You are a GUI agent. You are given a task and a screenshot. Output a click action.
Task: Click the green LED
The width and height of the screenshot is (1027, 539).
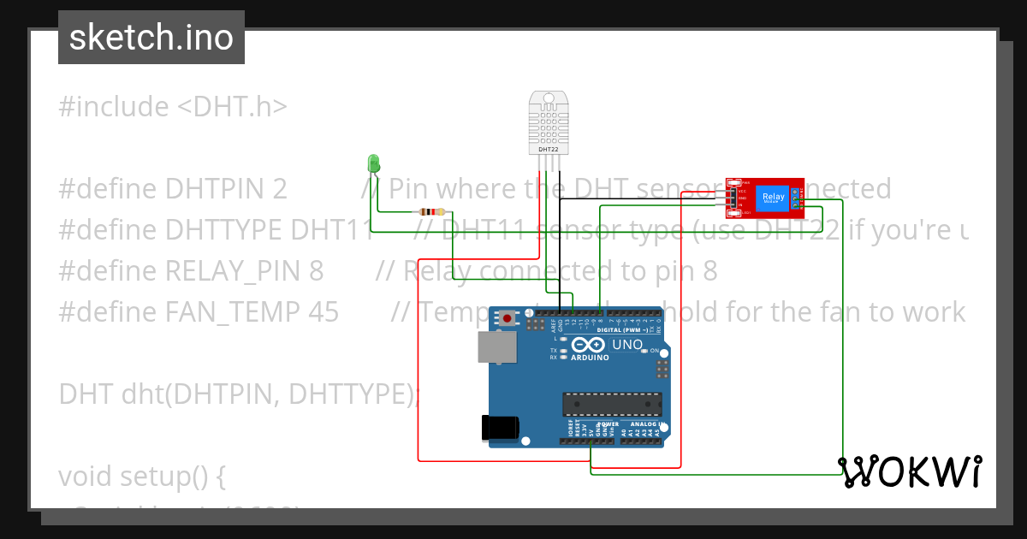pyautogui.click(x=373, y=163)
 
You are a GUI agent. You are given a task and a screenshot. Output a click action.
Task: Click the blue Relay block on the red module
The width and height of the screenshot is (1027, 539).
pyautogui.click(x=773, y=197)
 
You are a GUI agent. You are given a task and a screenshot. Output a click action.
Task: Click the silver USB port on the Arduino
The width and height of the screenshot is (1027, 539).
pyautogui.click(x=497, y=346)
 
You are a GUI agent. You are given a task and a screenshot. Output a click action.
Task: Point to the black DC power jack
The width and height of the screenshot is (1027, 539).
pyautogui.click(x=500, y=426)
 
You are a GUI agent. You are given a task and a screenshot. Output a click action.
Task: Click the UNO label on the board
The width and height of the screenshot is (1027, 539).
pyautogui.click(x=627, y=345)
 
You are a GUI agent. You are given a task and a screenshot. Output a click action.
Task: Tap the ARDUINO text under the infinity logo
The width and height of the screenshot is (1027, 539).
pyautogui.click(x=591, y=357)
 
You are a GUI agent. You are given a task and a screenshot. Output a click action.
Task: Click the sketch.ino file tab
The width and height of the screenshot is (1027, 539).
pyautogui.click(x=151, y=38)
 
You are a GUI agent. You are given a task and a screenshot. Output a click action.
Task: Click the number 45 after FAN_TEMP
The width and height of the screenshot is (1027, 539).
pyautogui.click(x=323, y=311)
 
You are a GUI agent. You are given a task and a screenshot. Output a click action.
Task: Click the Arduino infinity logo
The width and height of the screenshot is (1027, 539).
pyautogui.click(x=591, y=345)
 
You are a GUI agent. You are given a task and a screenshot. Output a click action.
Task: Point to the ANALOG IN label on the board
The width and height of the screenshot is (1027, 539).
pyautogui.click(x=646, y=424)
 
